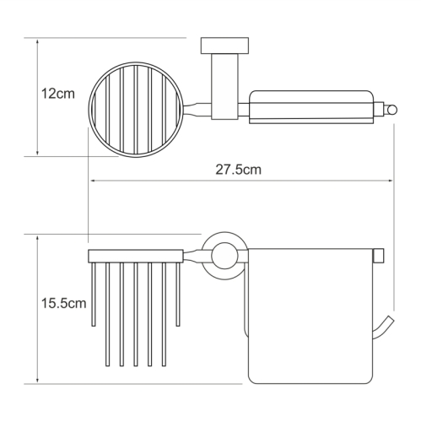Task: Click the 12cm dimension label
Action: click(58, 94)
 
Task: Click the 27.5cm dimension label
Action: click(238, 170)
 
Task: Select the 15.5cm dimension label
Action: click(64, 303)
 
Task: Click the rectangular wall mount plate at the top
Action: click(224, 46)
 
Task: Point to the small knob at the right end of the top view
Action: click(391, 110)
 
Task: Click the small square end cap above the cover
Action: click(379, 256)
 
